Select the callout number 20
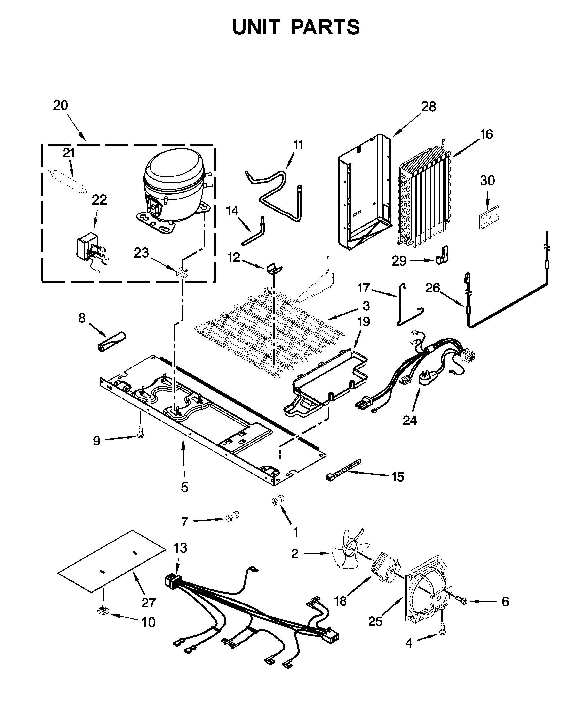point(60,106)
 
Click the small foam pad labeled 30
point(490,217)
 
